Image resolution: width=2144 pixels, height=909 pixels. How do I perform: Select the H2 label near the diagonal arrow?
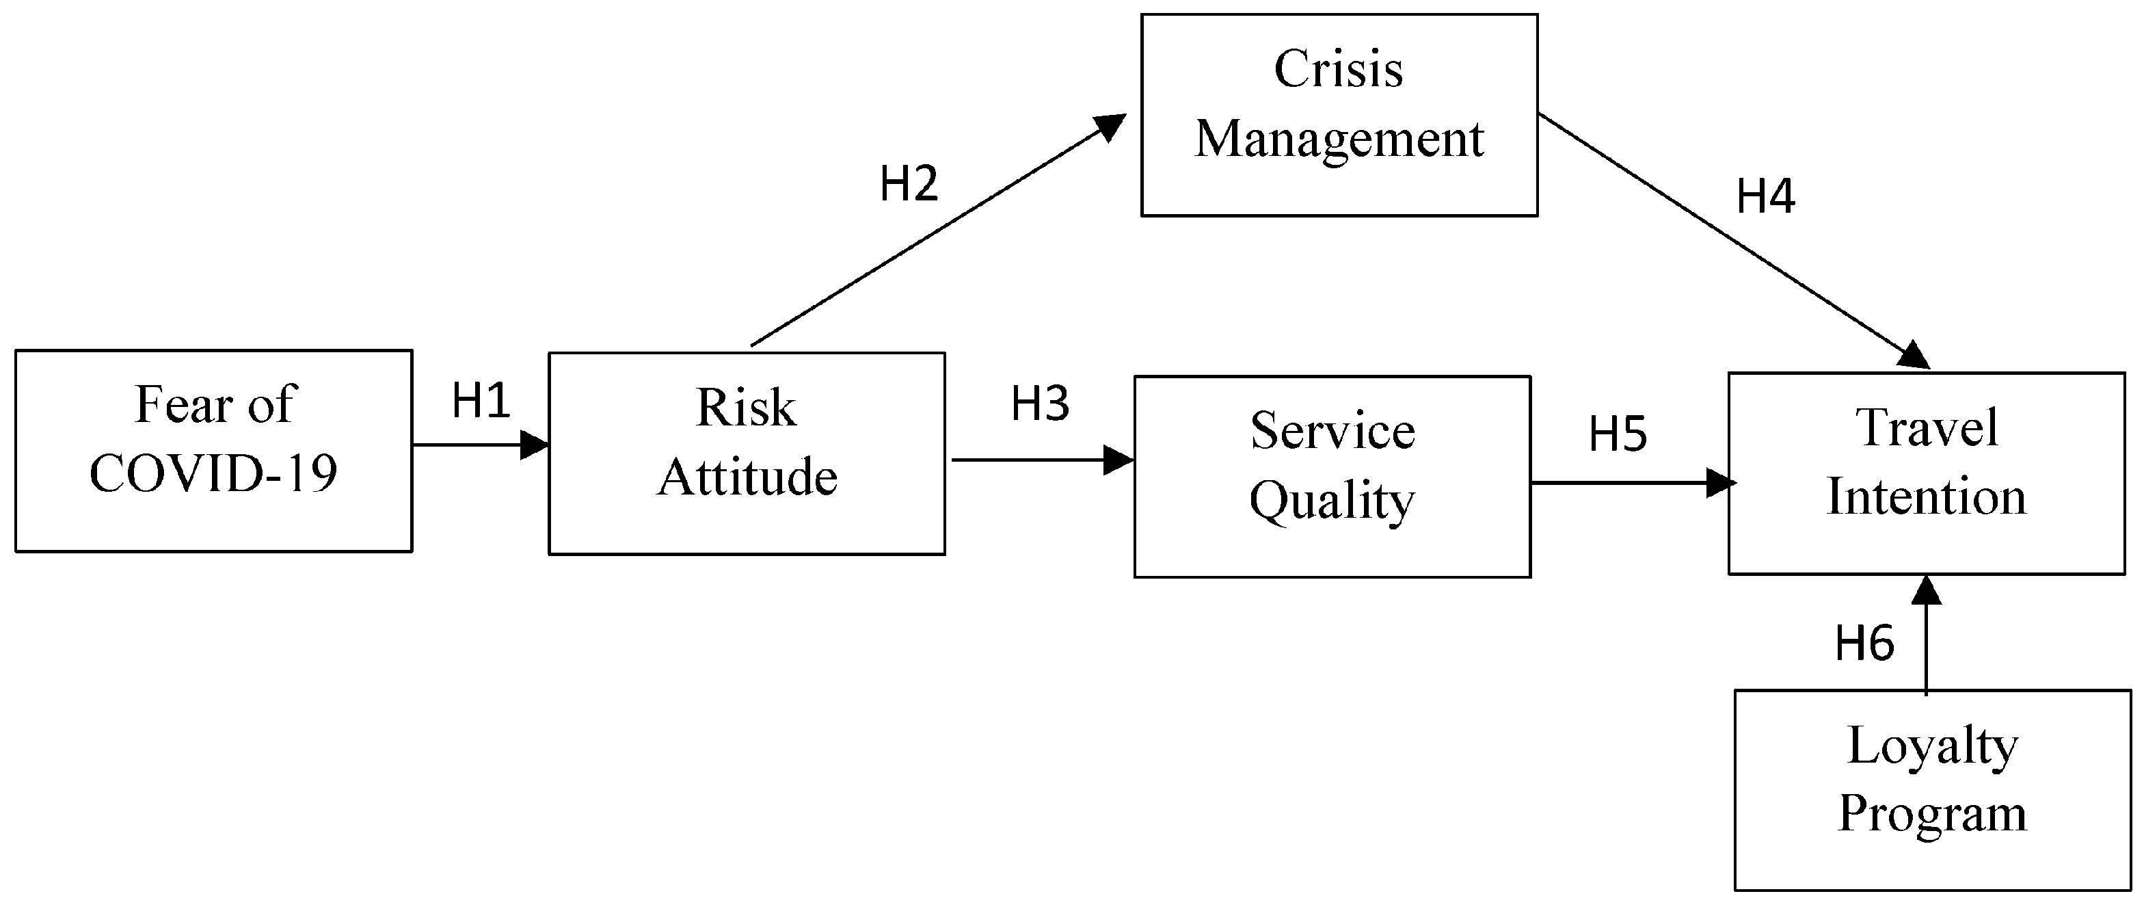[909, 184]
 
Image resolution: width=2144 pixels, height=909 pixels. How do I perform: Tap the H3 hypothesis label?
[1040, 404]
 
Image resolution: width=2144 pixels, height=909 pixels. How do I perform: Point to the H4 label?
[1765, 196]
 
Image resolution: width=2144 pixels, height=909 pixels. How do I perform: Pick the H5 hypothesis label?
[1617, 434]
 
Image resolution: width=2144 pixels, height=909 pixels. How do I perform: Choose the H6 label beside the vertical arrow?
[1864, 644]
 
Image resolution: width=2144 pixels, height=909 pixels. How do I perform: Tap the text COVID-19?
[213, 473]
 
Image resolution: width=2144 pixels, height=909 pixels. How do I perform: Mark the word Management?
[1339, 138]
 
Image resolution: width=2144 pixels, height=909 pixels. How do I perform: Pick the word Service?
[1332, 431]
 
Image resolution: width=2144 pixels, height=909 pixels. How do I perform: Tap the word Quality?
[1332, 502]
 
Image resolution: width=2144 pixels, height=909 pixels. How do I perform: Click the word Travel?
[1926, 428]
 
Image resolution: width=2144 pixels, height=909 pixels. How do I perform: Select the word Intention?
[1926, 497]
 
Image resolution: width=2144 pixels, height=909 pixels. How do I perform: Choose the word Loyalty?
[1933, 746]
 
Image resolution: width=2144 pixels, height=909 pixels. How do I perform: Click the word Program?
[1933, 813]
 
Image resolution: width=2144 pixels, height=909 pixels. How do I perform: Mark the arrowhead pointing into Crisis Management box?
[1111, 127]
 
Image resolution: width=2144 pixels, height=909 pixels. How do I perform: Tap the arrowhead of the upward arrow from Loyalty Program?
[1927, 590]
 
